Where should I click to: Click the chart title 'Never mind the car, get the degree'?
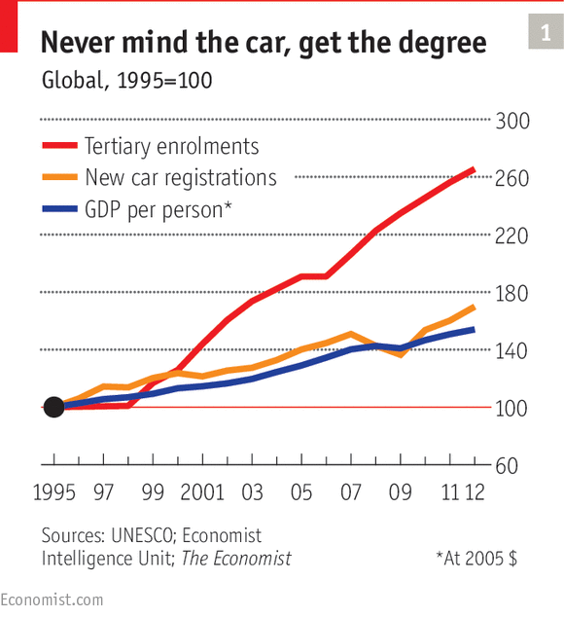point(263,43)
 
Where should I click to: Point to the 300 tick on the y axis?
point(511,122)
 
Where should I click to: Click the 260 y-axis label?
point(511,179)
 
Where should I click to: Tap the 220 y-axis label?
point(511,236)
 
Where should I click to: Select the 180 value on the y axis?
point(511,294)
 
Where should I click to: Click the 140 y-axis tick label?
point(511,350)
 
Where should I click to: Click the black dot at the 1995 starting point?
point(54,407)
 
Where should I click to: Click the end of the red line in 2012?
point(473,170)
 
